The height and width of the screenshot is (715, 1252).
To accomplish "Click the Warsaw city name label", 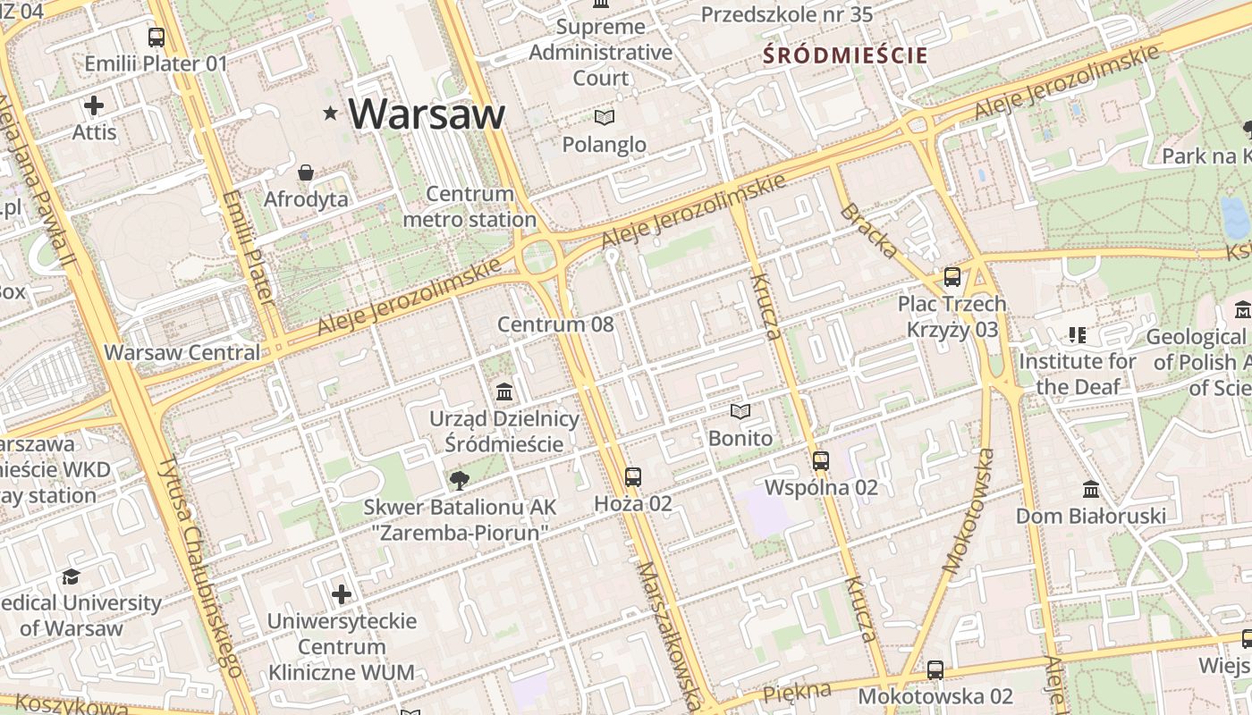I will (427, 114).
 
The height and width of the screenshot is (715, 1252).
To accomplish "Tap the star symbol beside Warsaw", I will (331, 114).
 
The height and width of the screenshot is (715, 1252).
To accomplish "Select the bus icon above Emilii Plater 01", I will (156, 38).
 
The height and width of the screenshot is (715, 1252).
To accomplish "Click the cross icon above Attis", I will (94, 105).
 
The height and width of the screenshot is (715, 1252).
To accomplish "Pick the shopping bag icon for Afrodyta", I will (306, 172).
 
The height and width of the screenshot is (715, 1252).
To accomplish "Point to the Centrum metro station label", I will (469, 206).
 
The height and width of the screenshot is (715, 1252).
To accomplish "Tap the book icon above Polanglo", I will (605, 117).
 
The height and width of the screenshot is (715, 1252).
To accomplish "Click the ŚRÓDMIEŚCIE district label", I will (845, 55).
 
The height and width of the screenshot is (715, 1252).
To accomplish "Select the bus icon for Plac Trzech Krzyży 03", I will (952, 277).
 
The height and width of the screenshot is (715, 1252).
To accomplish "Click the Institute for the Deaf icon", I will (1078, 335).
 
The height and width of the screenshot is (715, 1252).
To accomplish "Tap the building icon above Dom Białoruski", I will (1091, 490).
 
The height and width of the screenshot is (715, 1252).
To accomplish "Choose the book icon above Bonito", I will (740, 412).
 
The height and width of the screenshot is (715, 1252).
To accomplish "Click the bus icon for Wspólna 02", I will (821, 461).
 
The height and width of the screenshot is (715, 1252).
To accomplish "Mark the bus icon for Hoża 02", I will (633, 477).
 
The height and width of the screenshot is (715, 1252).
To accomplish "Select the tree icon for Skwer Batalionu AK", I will (460, 481).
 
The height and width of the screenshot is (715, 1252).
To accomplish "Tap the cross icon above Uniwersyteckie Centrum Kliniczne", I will (342, 594).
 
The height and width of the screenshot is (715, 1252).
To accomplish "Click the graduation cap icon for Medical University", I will (71, 577).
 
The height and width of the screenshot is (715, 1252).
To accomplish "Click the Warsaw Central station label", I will (182, 352).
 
